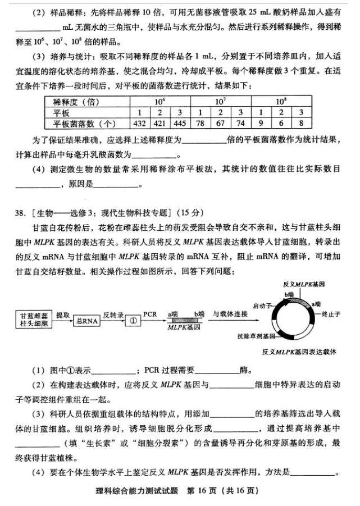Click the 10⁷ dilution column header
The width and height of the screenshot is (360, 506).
(x=220, y=102)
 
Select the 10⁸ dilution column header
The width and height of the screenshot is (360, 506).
(x=281, y=102)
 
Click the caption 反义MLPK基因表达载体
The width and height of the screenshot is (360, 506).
(x=299, y=352)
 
